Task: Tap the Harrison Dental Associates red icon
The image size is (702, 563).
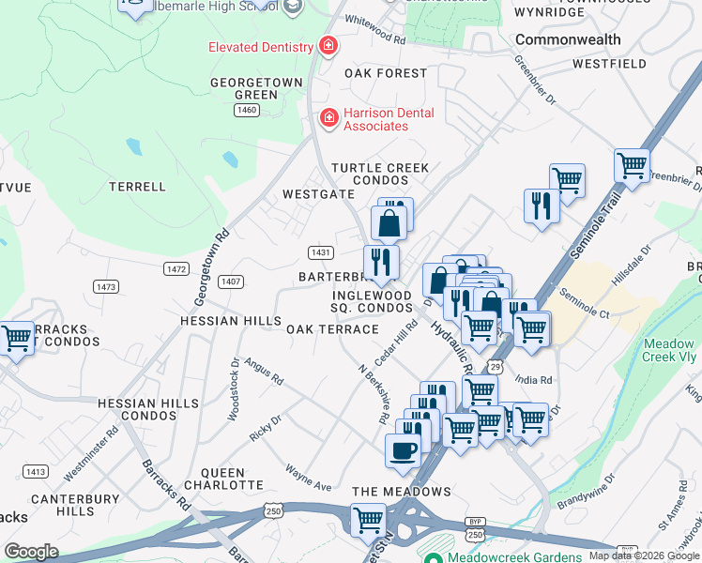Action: tap(328, 117)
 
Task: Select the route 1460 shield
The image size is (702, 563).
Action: tap(247, 111)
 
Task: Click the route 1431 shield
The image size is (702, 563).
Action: tap(321, 253)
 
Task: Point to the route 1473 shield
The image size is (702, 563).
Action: tap(105, 285)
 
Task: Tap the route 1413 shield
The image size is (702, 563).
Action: tap(37, 472)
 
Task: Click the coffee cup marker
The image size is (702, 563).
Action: tap(403, 450)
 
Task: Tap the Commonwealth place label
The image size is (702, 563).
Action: tap(568, 39)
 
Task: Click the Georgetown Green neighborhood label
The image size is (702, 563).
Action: tap(256, 88)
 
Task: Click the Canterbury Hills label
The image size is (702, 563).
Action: tap(75, 505)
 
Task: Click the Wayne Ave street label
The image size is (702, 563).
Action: tap(309, 479)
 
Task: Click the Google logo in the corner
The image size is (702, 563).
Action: tap(31, 552)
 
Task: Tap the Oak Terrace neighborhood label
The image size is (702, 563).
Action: tap(332, 329)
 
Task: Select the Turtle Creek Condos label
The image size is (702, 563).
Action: tap(379, 174)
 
